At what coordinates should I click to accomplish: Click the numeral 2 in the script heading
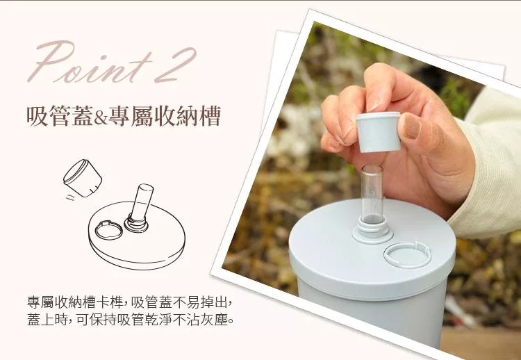(175, 65)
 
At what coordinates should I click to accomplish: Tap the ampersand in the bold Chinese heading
(100, 117)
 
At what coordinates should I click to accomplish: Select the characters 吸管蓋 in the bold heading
(60, 117)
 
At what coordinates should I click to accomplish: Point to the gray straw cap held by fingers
(379, 132)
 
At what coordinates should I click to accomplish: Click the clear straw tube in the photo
(372, 193)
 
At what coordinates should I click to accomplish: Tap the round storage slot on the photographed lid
(407, 255)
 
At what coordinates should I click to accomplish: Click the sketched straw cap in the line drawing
(83, 178)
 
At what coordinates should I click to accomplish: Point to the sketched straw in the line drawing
(141, 204)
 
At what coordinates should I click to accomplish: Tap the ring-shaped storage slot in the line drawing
(108, 230)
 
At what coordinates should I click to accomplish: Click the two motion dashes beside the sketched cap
(70, 198)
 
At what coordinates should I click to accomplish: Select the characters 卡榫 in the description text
(110, 302)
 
